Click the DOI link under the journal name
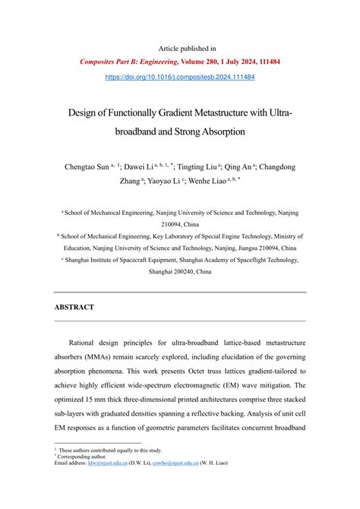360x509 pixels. (179, 77)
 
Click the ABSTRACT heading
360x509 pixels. (74, 307)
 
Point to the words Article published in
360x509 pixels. (179, 48)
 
